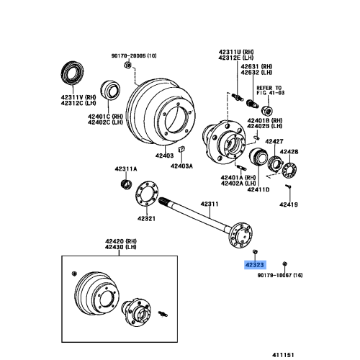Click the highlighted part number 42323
(x=255, y=265)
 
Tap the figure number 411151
(x=283, y=355)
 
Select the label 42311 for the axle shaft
(x=210, y=204)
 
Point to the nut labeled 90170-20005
(x=127, y=65)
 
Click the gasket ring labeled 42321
(x=146, y=194)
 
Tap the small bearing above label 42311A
(x=126, y=184)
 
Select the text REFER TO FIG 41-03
(x=271, y=91)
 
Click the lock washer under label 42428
(x=289, y=170)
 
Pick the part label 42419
(x=289, y=204)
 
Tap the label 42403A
(x=181, y=166)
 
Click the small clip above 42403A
(x=181, y=149)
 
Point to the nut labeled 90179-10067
(x=285, y=264)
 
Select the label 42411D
(x=258, y=189)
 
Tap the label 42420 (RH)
(x=121, y=241)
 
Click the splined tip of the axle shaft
(x=163, y=201)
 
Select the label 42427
(x=274, y=141)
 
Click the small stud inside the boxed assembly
(x=163, y=314)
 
